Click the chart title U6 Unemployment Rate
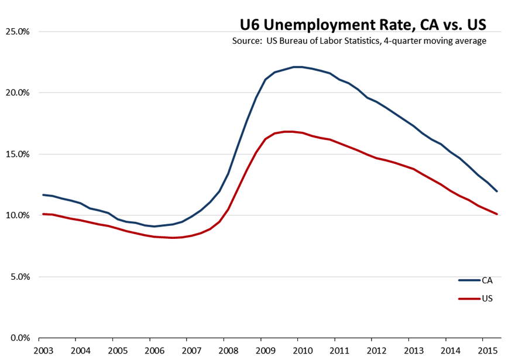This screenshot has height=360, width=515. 363,25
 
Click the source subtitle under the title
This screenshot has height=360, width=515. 359,41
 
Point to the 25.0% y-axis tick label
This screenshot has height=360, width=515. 18,31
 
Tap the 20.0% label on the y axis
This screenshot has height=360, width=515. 18,92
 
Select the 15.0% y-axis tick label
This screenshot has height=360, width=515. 18,154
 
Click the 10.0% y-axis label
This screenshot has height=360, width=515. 18,215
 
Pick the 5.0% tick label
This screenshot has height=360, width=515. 19,277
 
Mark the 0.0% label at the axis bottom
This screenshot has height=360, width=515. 19,338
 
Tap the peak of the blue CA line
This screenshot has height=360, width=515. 297,67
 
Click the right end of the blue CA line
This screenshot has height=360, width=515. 497,191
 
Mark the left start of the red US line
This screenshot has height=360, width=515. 43,214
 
